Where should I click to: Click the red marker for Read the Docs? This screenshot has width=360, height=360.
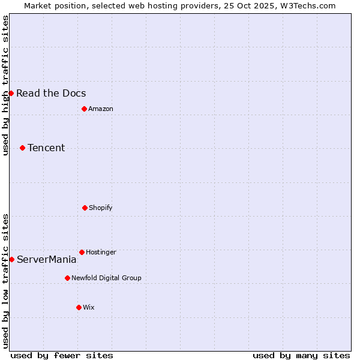coord(11,93)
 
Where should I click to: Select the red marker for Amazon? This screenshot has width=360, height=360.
coord(84,109)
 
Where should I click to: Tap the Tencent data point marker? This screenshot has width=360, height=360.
coord(22,148)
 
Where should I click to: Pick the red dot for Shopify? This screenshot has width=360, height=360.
coord(85,208)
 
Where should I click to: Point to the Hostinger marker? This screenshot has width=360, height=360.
coord(82,252)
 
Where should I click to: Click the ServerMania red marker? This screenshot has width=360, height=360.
coord(11,259)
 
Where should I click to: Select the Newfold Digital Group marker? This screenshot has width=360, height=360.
coord(67,278)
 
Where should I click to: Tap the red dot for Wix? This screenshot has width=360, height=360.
coord(79,307)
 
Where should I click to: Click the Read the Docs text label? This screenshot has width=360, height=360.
coord(51,93)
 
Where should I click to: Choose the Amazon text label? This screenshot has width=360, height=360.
coord(101,109)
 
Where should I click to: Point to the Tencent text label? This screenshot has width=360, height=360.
coord(46,148)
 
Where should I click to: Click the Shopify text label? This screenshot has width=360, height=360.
coord(101,208)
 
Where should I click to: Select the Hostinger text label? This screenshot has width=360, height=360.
coord(101,252)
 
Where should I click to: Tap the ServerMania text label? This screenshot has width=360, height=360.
coord(47,259)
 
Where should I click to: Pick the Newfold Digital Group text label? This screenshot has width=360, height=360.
coord(106,278)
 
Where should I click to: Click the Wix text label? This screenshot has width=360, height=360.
coord(89,307)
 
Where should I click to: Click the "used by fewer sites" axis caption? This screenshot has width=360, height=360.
coord(62,355)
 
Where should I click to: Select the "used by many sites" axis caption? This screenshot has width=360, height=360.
coord(301,355)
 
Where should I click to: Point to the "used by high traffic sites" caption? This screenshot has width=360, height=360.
coord(5,85)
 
